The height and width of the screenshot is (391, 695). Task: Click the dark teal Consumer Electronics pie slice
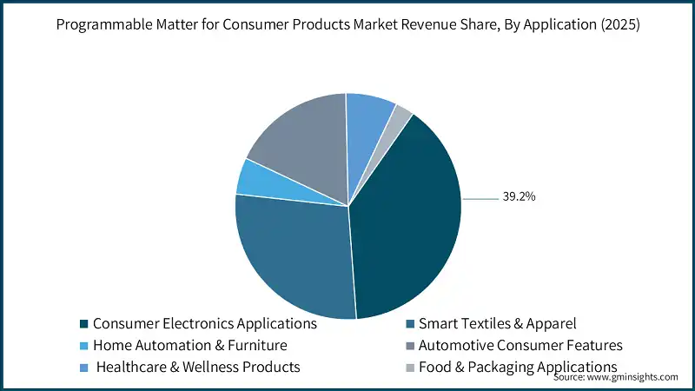(404, 226)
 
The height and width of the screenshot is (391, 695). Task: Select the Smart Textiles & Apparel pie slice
(291, 256)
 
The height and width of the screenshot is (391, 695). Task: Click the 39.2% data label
(519, 197)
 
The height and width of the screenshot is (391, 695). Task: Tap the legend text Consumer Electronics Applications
(205, 323)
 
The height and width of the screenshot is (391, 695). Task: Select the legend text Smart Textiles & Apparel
(497, 323)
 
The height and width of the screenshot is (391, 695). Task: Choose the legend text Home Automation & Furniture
(189, 345)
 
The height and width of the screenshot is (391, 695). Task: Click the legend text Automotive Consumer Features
(520, 345)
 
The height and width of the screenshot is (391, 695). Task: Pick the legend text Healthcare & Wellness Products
(198, 367)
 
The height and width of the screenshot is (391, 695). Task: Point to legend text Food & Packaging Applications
(518, 367)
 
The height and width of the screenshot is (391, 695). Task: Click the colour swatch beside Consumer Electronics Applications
(83, 324)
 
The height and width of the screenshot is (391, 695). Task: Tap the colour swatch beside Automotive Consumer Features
(409, 346)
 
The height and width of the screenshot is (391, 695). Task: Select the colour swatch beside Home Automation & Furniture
(83, 346)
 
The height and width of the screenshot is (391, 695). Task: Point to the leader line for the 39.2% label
(480, 198)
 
